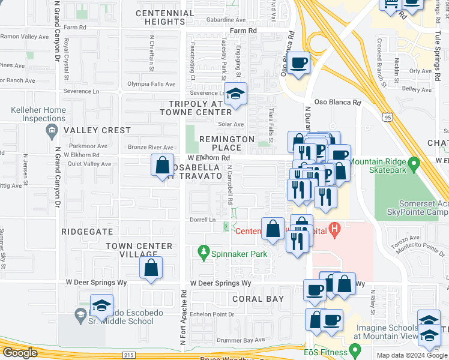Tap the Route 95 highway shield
390,118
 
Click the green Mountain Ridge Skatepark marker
413,163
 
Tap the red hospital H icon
335,228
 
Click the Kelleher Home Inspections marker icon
52,130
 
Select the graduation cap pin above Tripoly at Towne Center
235,94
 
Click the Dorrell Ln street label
203,220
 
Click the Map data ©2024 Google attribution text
412,355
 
